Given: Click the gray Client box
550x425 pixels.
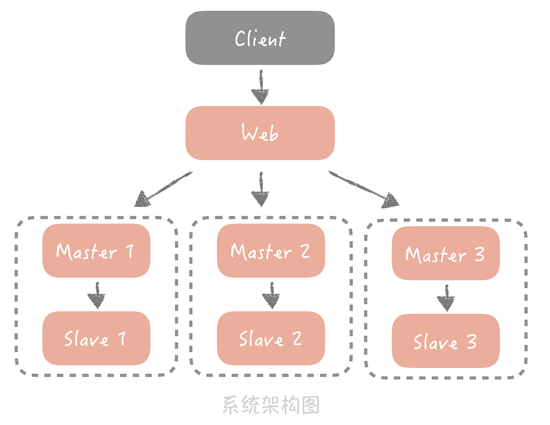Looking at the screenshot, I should (260, 38).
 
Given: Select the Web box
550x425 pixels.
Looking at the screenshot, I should (260, 133).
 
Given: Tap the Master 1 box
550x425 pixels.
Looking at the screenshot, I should (96, 251).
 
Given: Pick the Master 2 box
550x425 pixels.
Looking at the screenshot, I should (271, 251).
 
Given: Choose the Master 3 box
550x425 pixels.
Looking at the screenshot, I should (445, 253).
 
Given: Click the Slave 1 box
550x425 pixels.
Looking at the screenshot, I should (96, 338).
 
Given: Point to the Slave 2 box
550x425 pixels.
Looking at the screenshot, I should (271, 338).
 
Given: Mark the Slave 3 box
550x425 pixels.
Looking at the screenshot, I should (445, 341).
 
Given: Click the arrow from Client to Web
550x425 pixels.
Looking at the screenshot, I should (261, 88).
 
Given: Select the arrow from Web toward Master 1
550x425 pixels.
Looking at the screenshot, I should (164, 188).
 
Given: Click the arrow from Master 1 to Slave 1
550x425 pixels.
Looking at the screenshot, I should (97, 295).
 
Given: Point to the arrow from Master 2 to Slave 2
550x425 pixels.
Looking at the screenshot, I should (271, 295).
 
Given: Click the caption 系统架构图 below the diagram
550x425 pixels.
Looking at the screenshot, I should (271, 406).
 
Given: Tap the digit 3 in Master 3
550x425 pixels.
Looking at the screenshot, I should (479, 254).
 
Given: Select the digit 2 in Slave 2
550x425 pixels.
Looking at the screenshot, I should (296, 339).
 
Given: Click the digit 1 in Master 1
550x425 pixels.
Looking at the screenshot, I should (129, 251).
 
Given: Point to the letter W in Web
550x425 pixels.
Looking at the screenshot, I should (249, 133).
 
